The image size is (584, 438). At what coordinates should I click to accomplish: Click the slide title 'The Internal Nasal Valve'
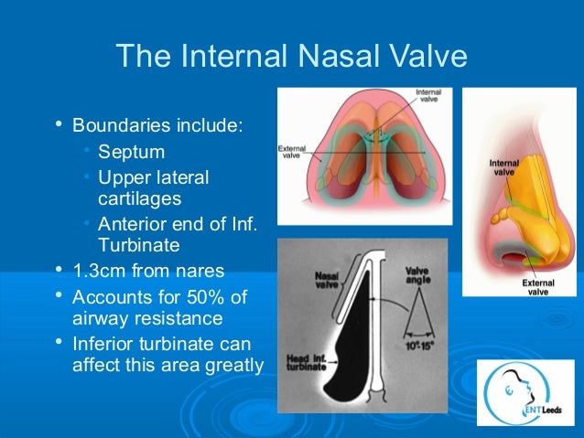(x=291, y=57)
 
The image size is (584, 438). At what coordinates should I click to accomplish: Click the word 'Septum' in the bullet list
(x=131, y=150)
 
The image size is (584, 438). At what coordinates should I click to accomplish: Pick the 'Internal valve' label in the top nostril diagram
(x=427, y=97)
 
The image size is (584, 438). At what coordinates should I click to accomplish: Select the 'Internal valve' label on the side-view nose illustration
(x=504, y=167)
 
